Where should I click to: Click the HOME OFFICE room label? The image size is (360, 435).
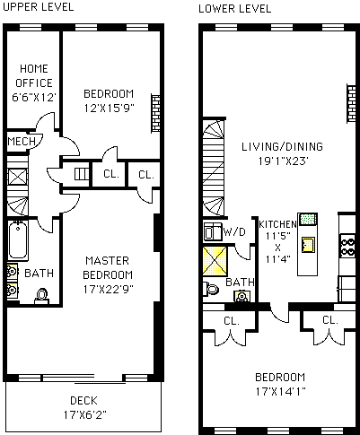click(34, 75)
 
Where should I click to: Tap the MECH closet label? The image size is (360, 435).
click(22, 142)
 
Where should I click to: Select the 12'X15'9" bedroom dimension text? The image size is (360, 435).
click(109, 108)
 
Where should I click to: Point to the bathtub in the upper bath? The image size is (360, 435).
click(18, 240)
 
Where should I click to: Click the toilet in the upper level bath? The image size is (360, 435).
click(41, 296)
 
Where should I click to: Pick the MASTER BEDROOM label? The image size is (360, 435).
click(108, 267)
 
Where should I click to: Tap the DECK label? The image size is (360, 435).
click(83, 401)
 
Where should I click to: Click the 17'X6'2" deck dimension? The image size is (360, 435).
click(84, 415)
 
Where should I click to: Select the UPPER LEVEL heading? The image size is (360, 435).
click(38, 7)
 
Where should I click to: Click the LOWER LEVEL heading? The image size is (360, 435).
click(235, 9)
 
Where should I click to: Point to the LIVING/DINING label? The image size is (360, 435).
click(282, 146)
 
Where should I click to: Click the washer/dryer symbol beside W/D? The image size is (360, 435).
click(213, 231)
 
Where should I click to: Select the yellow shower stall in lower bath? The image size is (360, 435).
click(215, 261)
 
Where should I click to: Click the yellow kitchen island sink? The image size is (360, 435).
click(308, 245)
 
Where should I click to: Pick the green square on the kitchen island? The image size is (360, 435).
click(308, 220)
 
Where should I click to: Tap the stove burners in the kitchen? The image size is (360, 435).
click(347, 246)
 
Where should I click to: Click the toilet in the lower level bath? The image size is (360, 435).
click(211, 289)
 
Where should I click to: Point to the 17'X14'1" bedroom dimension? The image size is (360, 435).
click(280, 391)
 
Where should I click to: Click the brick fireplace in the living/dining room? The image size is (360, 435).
click(351, 103)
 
